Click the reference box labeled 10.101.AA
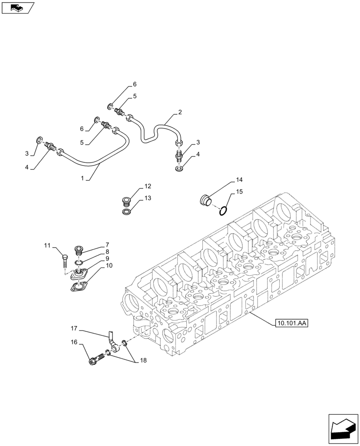pos(292,323)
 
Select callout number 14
pos(239,180)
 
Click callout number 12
pos(147,186)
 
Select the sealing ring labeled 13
pos(127,211)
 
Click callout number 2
pos(180,113)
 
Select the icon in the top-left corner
pos(17,8)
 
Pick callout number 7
pos(107,245)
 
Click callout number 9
pos(107,259)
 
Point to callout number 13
pos(147,198)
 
